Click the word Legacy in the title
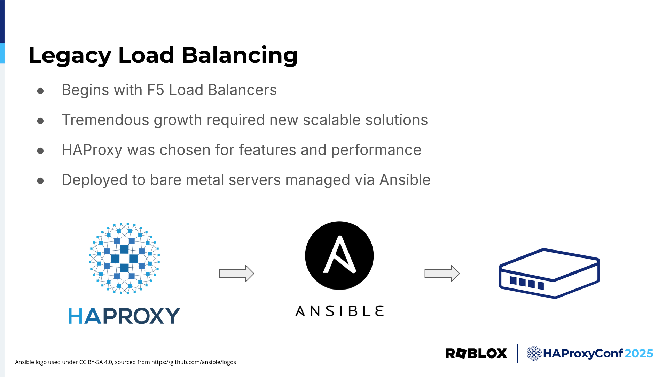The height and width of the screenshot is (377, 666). pyautogui.click(x=70, y=56)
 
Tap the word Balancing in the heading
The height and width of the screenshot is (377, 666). pyautogui.click(x=240, y=56)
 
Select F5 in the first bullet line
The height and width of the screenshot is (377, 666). pyautogui.click(x=156, y=90)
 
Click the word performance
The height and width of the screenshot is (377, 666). pyautogui.click(x=376, y=150)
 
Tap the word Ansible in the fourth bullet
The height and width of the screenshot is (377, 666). pyautogui.click(x=405, y=180)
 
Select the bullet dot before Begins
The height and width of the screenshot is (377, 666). pyautogui.click(x=40, y=91)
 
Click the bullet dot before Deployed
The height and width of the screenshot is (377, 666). pyautogui.click(x=40, y=181)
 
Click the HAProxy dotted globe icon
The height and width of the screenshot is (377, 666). pyautogui.click(x=124, y=259)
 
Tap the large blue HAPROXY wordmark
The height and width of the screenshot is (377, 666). pyautogui.click(x=124, y=316)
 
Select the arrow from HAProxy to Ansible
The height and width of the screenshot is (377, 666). pyautogui.click(x=237, y=274)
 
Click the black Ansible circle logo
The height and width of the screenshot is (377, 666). pyautogui.click(x=339, y=255)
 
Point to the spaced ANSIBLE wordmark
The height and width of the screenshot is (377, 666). pyautogui.click(x=339, y=311)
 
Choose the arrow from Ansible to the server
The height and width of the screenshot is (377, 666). pyautogui.click(x=442, y=274)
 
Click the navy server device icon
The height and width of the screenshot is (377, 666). pyautogui.click(x=549, y=274)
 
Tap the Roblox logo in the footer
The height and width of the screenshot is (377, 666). pyautogui.click(x=476, y=353)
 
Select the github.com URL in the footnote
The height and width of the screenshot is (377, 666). pyautogui.click(x=194, y=362)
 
